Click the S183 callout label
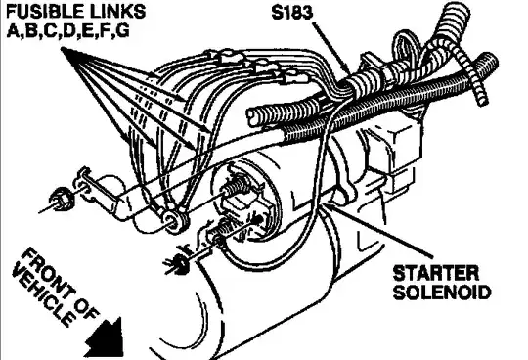pos(292,13)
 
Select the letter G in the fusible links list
pos(123,31)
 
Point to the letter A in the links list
pos(13,31)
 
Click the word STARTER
pos(435,273)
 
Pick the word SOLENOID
pos(442,292)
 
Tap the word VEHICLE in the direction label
pos(43,297)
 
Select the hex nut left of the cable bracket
pos(61,200)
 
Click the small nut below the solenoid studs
pos(177,262)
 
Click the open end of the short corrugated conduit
pos(254,117)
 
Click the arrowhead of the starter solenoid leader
pos(324,204)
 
